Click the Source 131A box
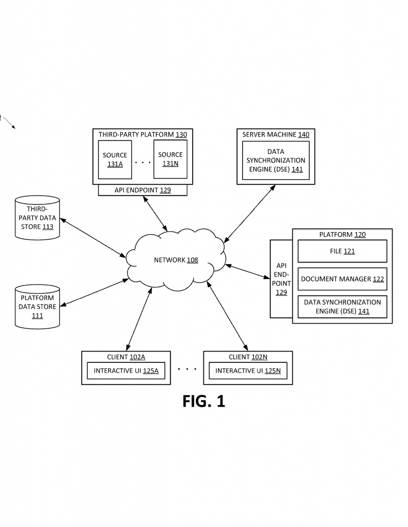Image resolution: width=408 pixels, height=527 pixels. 115,160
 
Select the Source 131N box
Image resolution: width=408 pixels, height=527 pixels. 171,160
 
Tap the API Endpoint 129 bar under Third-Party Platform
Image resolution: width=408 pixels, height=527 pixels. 143,190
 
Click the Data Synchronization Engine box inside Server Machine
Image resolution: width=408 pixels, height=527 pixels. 276,161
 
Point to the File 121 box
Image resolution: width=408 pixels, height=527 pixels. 342,251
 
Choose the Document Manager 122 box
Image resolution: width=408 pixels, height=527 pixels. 342,279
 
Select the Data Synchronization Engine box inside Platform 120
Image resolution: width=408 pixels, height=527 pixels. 342,307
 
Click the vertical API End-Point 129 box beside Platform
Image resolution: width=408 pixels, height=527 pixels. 281,278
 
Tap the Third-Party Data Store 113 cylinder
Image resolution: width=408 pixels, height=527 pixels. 37,218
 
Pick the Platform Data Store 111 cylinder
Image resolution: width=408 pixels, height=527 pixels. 37,307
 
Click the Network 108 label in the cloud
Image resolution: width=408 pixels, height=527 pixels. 176,260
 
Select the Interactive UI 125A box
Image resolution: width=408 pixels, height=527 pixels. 126,371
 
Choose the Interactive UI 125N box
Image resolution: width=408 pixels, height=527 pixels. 248,371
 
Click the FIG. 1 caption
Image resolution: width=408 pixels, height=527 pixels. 203,401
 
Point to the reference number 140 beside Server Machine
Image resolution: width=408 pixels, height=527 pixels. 304,134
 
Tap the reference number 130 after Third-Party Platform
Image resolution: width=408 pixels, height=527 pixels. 181,134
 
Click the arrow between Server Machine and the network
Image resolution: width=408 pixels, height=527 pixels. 249,214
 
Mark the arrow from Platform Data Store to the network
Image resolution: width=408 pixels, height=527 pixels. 94,292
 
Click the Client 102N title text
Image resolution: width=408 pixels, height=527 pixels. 248,357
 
